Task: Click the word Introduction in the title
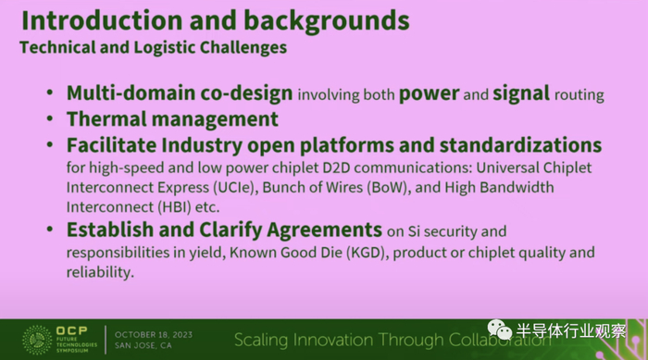pos(102,20)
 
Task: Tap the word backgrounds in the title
pos(326,21)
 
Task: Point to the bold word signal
pos(521,93)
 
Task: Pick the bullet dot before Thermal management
pos(50,119)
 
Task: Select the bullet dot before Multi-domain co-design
pos(50,93)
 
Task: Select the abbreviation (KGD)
pos(368,253)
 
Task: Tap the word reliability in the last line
pos(100,272)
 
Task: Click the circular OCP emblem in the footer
pos(37,340)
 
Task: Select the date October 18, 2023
pos(154,335)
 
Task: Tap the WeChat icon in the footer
pos(500,329)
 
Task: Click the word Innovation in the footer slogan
pos(332,340)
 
